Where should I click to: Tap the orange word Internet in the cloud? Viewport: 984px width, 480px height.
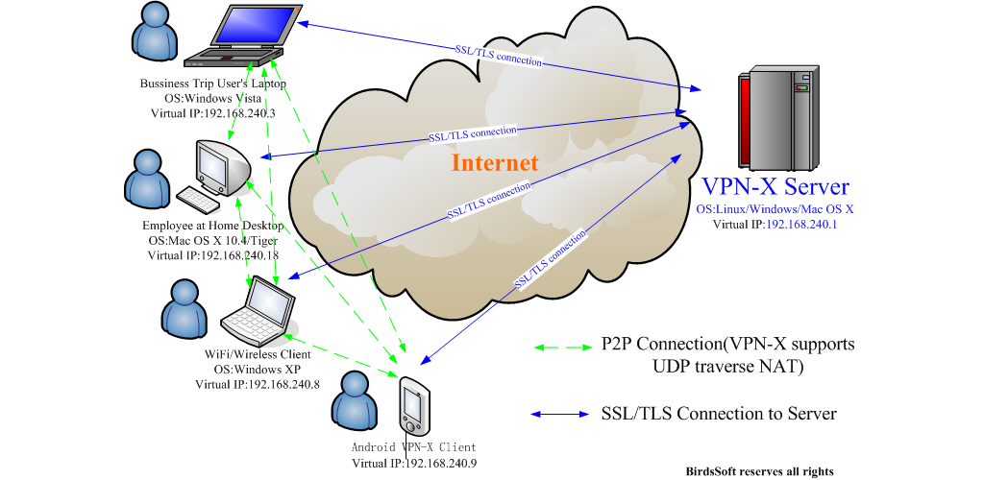pyautogui.click(x=495, y=162)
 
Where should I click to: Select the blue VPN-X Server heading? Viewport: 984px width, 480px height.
pyautogui.click(x=775, y=185)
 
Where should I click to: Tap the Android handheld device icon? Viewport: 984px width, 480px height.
pyautogui.click(x=413, y=407)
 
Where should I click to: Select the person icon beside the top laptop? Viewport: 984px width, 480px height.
pyautogui.click(x=157, y=36)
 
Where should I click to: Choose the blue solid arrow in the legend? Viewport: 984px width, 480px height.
pyautogui.click(x=561, y=415)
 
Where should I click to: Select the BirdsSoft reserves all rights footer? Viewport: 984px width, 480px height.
pyautogui.click(x=759, y=470)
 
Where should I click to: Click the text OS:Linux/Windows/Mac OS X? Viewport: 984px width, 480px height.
pyautogui.click(x=775, y=208)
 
